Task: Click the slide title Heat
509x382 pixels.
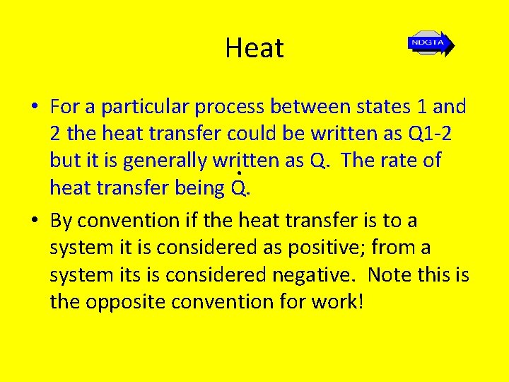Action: pos(255,48)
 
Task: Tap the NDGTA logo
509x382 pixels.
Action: pos(430,43)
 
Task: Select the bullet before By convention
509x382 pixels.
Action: pos(34,221)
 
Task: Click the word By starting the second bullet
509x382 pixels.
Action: pos(62,221)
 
